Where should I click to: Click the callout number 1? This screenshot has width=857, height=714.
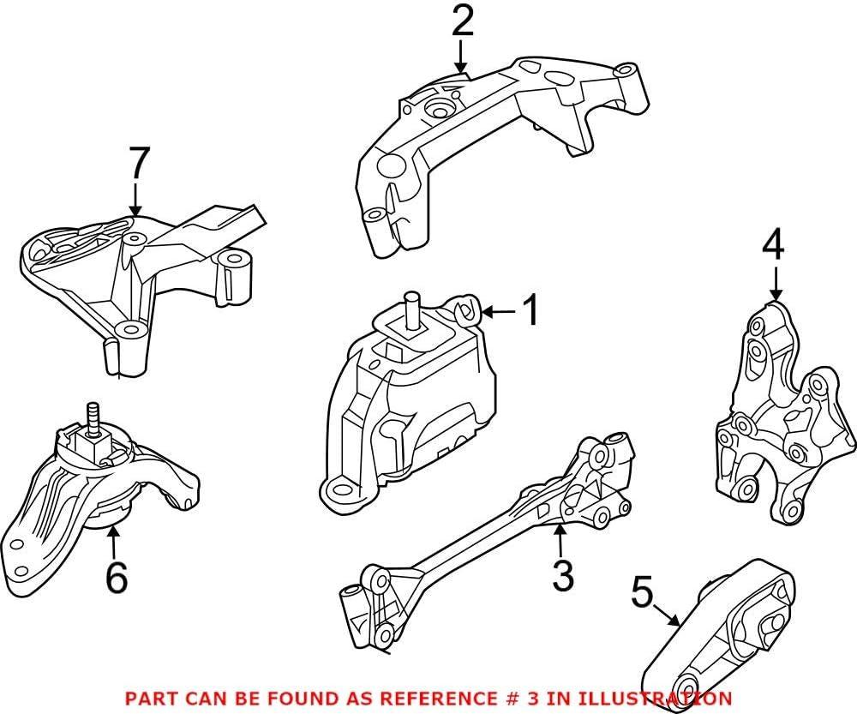(x=531, y=310)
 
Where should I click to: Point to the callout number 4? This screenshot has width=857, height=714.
(x=773, y=248)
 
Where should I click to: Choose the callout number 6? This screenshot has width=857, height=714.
(x=116, y=577)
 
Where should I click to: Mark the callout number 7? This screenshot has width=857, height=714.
(x=139, y=164)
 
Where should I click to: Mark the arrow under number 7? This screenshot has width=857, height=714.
(x=134, y=201)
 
